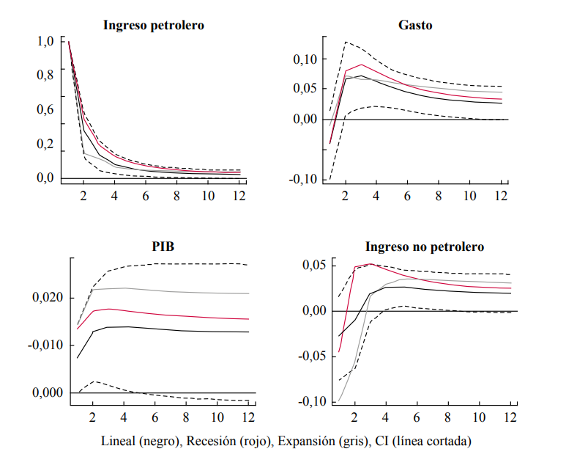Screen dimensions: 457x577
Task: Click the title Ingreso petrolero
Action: (x=153, y=25)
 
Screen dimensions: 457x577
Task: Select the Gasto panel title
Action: (x=415, y=25)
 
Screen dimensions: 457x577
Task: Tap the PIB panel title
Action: (x=163, y=246)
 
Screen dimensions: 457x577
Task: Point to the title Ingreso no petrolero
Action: (x=425, y=247)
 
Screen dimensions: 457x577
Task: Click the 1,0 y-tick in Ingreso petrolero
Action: (x=45, y=41)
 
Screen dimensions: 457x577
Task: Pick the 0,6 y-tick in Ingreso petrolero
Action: (x=45, y=109)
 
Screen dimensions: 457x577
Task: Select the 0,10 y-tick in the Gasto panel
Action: (x=306, y=59)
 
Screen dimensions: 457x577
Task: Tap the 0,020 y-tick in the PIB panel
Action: (x=52, y=298)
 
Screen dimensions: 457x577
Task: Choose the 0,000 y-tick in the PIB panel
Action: (x=52, y=392)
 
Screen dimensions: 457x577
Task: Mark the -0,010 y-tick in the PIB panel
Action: (x=50, y=346)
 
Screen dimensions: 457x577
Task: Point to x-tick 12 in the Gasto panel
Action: (x=501, y=196)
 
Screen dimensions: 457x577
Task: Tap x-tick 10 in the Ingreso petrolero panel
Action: (x=208, y=196)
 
